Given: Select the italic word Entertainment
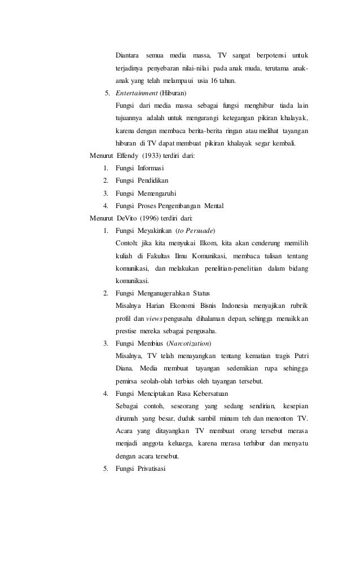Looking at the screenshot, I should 137,93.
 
